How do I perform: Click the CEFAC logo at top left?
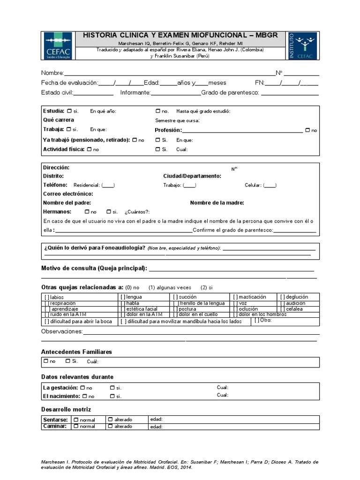point(58,45)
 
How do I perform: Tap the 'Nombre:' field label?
point(52,73)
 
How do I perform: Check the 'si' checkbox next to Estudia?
point(69,111)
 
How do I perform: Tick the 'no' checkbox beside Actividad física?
point(89,149)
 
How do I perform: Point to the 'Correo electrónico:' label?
point(68,194)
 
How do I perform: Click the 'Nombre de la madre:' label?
point(217,203)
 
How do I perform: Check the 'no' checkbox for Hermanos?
point(87,212)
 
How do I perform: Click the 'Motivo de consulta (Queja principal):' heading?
point(94,268)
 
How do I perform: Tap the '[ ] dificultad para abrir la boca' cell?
point(78,322)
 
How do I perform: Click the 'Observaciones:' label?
point(62,332)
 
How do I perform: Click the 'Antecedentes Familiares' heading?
point(76,352)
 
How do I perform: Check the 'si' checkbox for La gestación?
point(112,388)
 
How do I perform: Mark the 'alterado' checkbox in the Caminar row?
point(110,426)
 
